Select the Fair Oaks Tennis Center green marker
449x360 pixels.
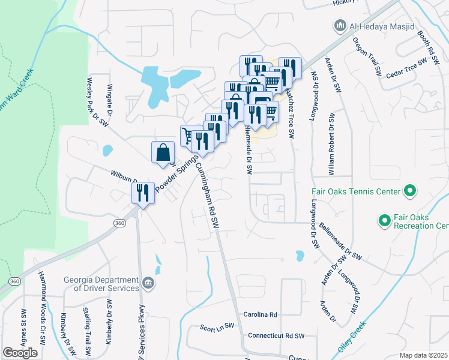point(410,191)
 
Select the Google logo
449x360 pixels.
point(20,353)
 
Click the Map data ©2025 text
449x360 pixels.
point(423,355)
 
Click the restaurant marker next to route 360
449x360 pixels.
point(143,193)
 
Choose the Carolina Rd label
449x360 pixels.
point(260,314)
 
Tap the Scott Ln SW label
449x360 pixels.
point(217,328)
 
